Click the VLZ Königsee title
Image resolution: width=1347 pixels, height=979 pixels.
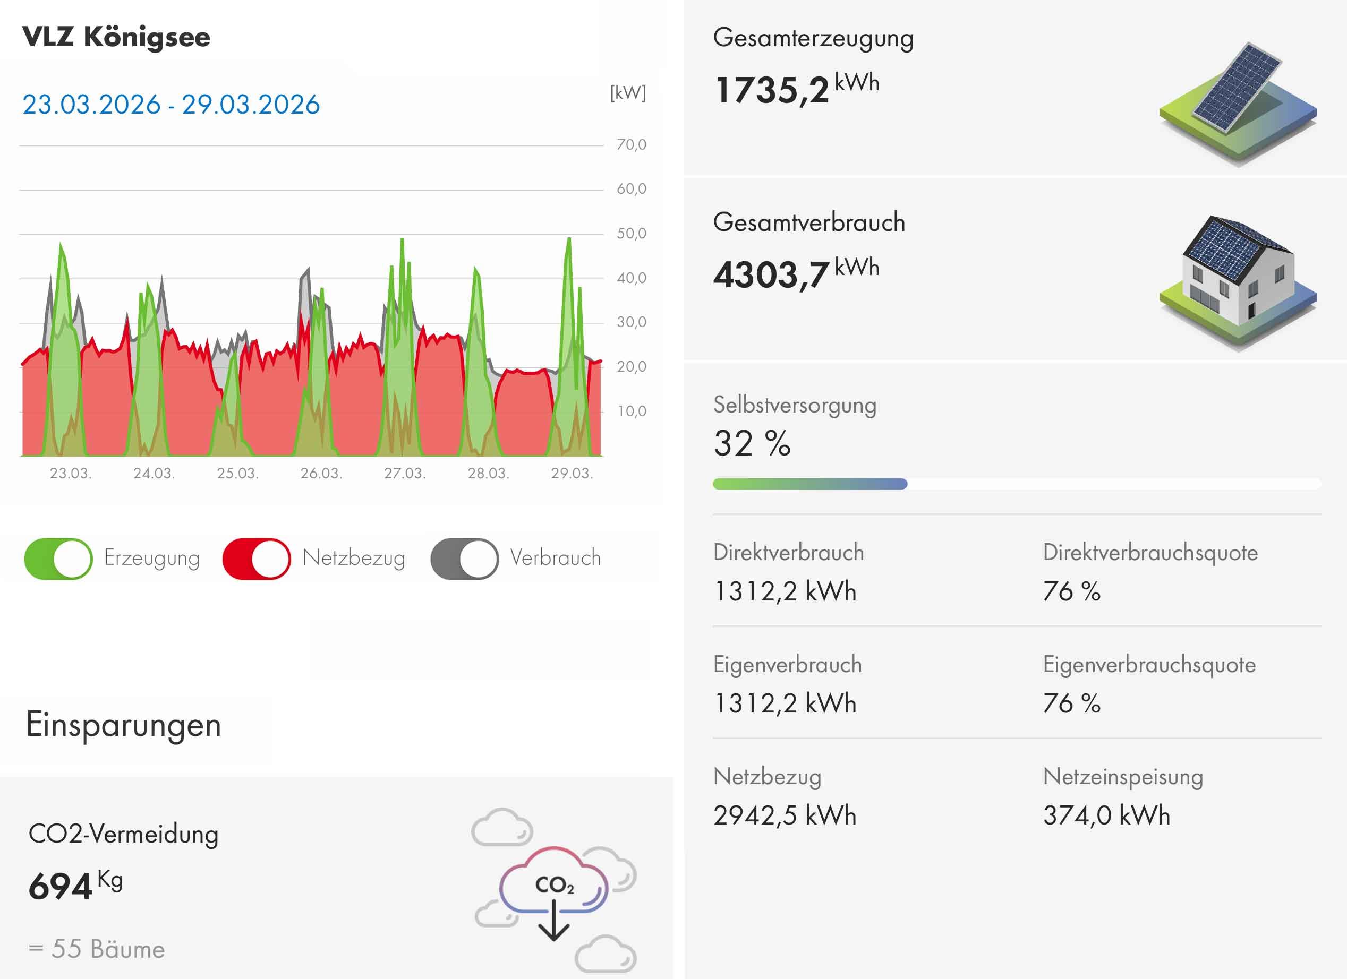116,37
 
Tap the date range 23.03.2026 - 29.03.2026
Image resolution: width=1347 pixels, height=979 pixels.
171,105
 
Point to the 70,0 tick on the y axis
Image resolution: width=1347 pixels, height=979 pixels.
630,144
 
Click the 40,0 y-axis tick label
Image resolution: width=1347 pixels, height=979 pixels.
630,278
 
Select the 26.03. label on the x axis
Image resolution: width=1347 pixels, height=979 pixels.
321,473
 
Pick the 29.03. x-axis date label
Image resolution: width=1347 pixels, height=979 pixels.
572,473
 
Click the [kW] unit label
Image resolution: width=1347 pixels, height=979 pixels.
628,92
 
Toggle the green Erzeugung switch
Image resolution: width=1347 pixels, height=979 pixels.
58,559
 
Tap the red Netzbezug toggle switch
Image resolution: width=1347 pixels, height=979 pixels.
256,559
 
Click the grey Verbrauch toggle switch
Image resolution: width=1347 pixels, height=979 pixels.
464,559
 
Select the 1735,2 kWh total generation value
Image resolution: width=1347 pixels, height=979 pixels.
796,89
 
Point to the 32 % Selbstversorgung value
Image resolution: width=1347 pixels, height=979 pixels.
752,443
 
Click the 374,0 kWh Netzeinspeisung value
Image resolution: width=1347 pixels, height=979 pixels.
1106,815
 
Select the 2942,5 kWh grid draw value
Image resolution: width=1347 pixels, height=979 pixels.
785,815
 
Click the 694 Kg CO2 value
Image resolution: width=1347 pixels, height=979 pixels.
75,885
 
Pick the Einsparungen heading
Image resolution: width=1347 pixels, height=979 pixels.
124,725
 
